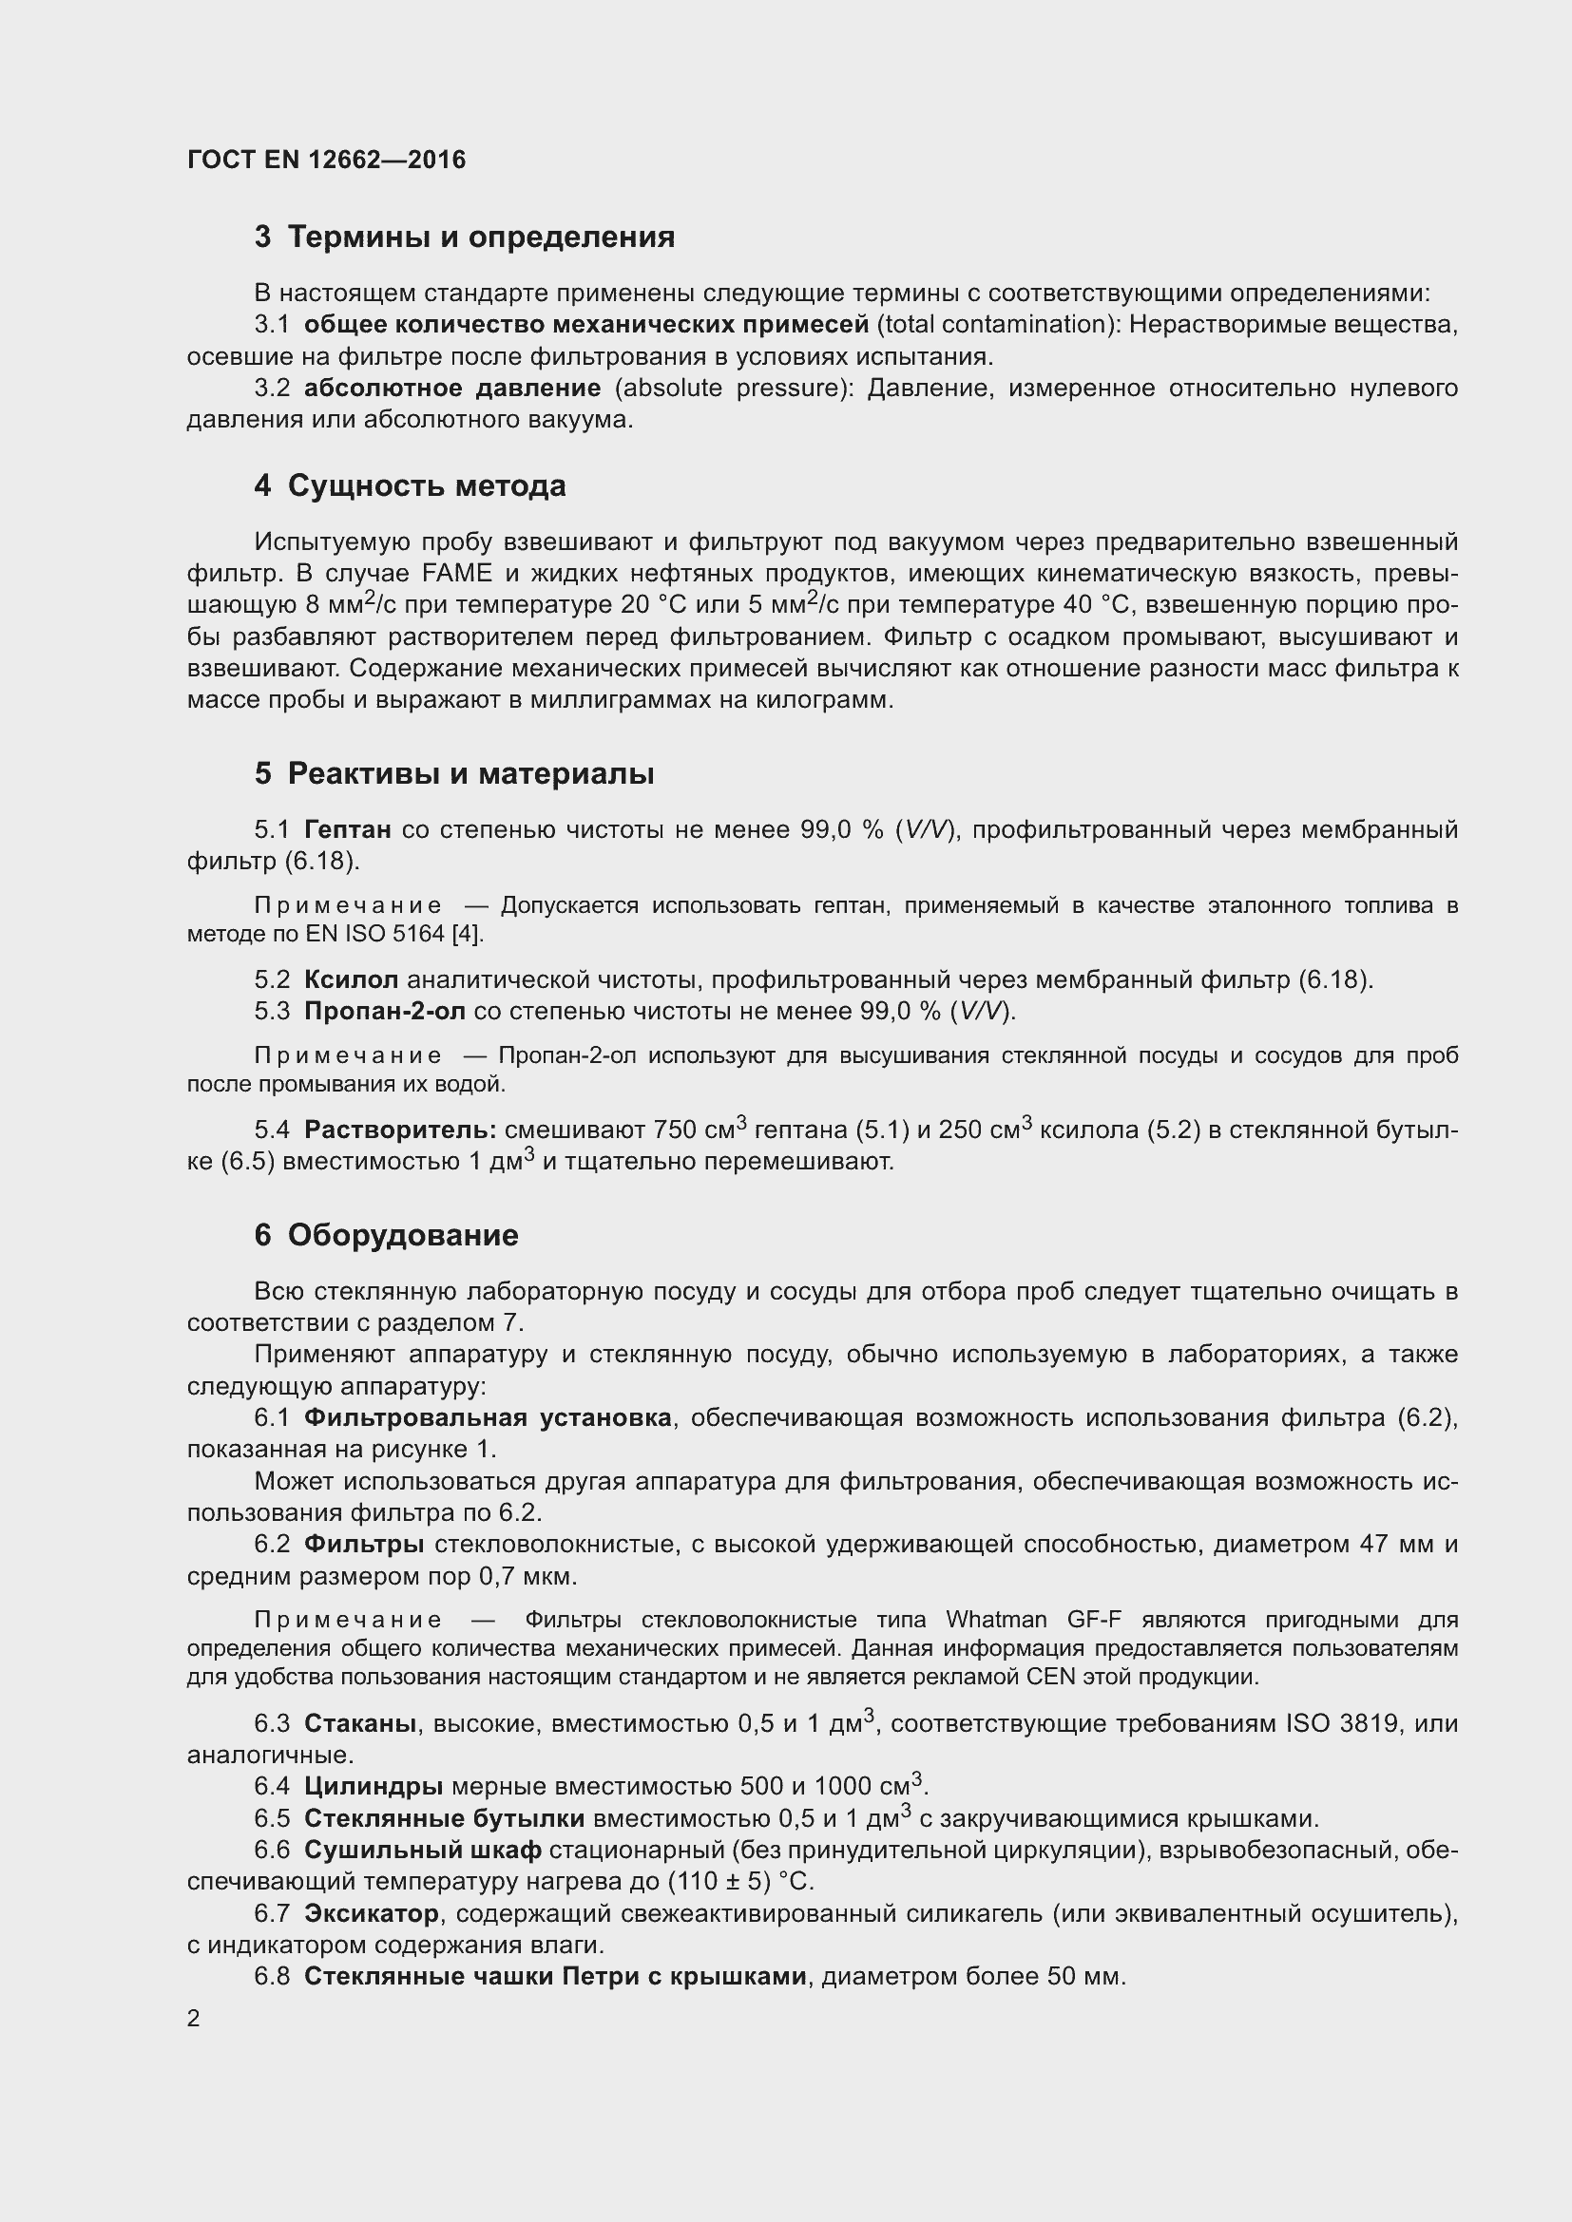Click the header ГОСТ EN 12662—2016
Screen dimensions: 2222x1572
click(326, 160)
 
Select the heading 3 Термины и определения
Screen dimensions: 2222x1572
click(465, 237)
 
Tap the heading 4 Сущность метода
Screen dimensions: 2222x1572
click(410, 485)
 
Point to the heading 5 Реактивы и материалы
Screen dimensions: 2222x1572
click(454, 773)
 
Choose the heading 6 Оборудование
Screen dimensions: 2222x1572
click(386, 1235)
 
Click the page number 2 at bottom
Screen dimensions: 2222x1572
click(194, 2018)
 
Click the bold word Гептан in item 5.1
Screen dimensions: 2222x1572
click(348, 829)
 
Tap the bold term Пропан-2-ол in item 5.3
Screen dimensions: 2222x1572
click(384, 1012)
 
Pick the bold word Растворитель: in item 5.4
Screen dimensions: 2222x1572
click(400, 1130)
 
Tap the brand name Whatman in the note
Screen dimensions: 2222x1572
click(996, 1620)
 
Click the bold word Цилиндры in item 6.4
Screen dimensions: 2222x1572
click(374, 1786)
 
